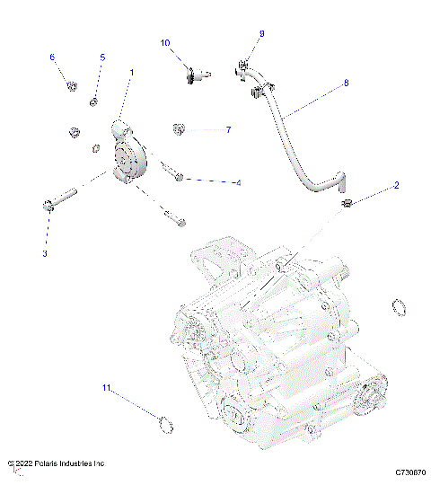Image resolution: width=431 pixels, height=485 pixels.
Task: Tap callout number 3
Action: click(45, 254)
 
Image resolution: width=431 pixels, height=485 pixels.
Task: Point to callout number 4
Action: click(238, 183)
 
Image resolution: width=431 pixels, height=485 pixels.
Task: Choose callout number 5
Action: click(101, 57)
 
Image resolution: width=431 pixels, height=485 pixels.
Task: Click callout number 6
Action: click(52, 57)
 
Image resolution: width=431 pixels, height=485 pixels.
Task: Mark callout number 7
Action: click(228, 130)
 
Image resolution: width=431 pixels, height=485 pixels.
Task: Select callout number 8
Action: click(346, 84)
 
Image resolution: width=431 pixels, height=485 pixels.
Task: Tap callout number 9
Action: click(261, 33)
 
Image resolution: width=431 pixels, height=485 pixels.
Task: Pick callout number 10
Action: click(165, 43)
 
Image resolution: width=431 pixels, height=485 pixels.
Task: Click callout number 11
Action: click(105, 388)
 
